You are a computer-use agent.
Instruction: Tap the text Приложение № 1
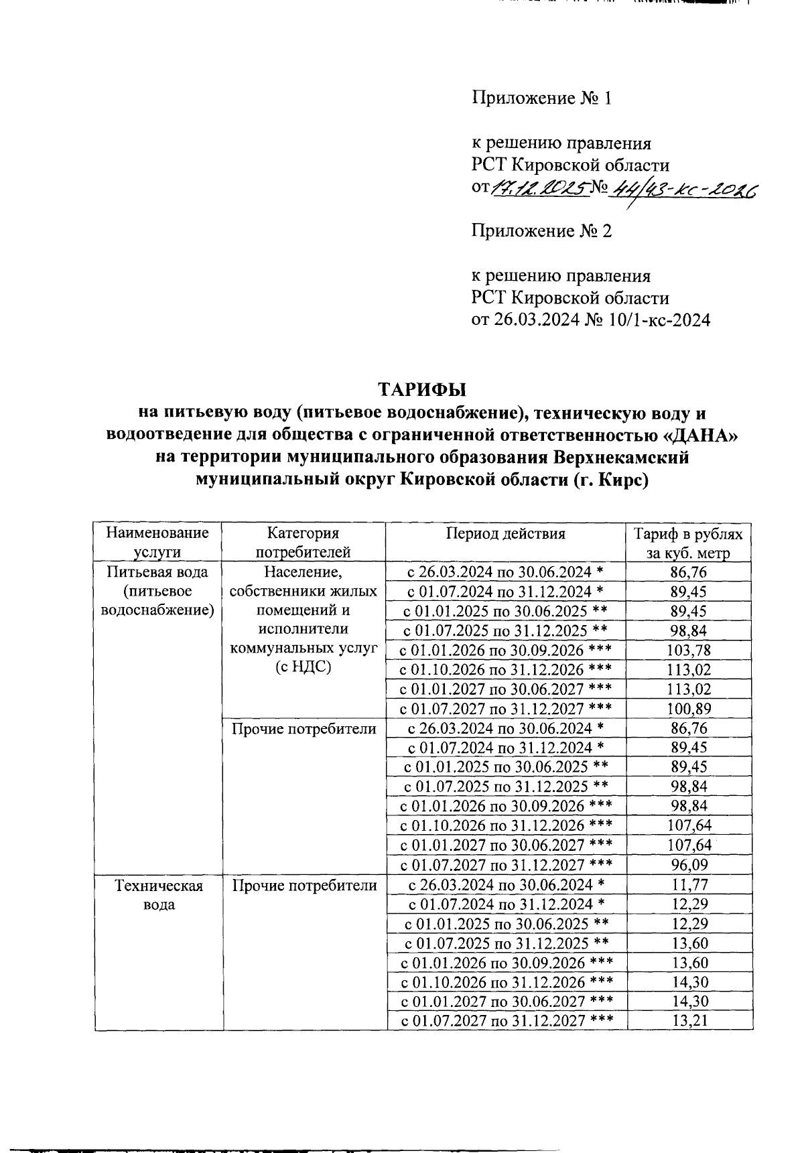point(541,98)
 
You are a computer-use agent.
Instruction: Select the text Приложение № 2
point(541,231)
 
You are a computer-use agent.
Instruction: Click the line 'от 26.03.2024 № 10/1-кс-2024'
point(590,320)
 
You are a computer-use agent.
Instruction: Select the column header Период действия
point(506,534)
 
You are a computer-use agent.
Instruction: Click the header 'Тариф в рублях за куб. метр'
point(689,543)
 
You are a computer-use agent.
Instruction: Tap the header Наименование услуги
point(157,543)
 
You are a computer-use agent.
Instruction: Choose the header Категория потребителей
point(303,543)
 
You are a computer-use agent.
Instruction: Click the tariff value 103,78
point(689,650)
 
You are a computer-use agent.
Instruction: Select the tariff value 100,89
point(689,709)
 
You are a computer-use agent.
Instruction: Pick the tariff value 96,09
point(689,865)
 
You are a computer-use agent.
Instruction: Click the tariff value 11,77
point(689,884)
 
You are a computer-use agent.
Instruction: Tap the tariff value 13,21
point(689,1021)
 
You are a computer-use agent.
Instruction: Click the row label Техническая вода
point(159,895)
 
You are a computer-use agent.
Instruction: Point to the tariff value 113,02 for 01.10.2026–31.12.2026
point(689,669)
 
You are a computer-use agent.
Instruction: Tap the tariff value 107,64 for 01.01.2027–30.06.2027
point(689,845)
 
